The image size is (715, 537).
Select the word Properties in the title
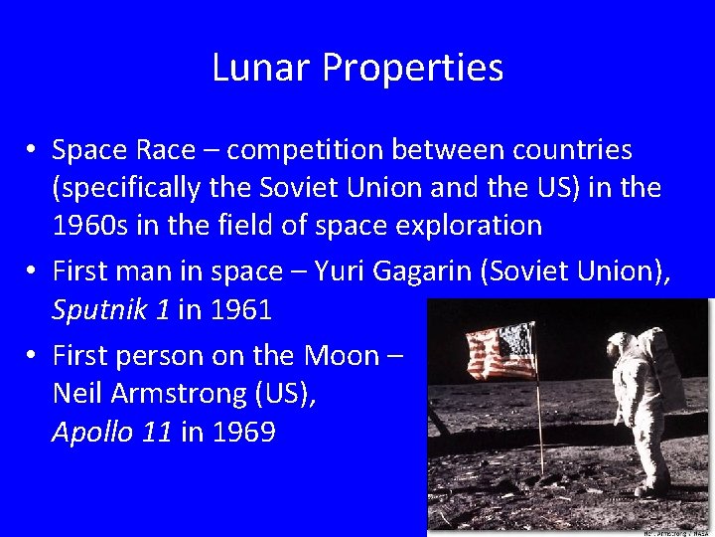(x=412, y=70)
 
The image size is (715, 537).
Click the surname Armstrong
(x=182, y=393)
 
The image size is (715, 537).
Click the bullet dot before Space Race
(x=33, y=151)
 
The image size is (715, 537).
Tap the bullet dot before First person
(x=33, y=356)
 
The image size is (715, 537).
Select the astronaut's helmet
(x=624, y=345)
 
